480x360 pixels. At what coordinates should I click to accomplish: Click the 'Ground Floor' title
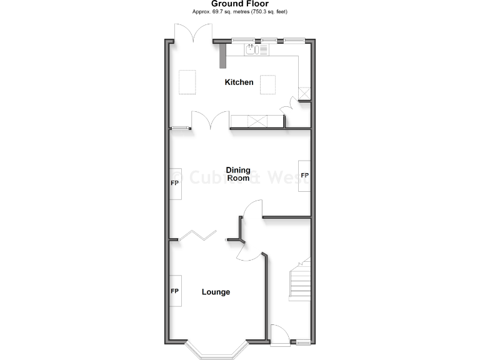click(239, 4)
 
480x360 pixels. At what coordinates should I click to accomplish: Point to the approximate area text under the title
click(239, 12)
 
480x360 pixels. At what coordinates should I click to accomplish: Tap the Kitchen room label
click(239, 82)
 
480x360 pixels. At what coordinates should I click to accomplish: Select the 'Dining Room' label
click(238, 174)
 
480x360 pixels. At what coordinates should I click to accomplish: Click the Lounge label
click(216, 292)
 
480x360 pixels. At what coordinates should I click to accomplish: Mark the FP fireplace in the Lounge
click(175, 292)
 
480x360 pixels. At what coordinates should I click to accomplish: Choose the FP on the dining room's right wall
click(304, 176)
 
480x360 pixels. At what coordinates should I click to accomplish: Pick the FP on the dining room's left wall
click(175, 183)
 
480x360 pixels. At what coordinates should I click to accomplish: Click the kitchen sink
click(252, 50)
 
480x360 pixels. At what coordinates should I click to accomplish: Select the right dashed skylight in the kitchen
click(268, 84)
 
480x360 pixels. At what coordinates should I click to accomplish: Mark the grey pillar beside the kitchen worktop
click(222, 56)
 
